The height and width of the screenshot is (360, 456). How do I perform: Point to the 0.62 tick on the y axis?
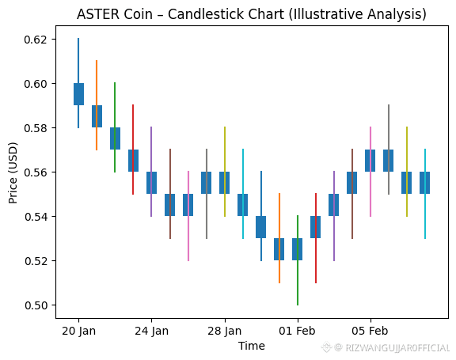point(36,40)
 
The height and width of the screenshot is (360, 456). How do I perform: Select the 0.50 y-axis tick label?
point(36,305)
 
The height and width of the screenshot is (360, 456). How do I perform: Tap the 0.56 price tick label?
point(36,172)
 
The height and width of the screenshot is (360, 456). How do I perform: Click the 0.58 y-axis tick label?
point(36,128)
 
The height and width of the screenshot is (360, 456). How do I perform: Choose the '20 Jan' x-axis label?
point(78,331)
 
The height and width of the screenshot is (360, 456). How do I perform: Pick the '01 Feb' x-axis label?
point(297,331)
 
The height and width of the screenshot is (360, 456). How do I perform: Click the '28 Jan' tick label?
point(225,331)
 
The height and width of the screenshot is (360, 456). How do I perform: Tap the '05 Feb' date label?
point(370,331)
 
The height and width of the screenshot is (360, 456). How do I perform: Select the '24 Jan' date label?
point(151,331)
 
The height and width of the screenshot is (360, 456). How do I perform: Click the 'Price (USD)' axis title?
point(13,172)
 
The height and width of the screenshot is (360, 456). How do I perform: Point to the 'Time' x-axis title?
point(252,346)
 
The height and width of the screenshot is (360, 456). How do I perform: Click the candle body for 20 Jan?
point(78,94)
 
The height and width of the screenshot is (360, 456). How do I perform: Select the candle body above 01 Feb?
point(297,249)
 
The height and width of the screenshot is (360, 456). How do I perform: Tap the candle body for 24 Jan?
point(151,183)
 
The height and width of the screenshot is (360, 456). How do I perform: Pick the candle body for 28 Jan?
point(225,183)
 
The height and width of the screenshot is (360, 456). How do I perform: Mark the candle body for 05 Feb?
point(370,161)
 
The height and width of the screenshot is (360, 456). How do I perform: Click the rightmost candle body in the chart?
point(425,183)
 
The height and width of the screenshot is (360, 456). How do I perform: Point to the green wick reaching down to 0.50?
point(298,260)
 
